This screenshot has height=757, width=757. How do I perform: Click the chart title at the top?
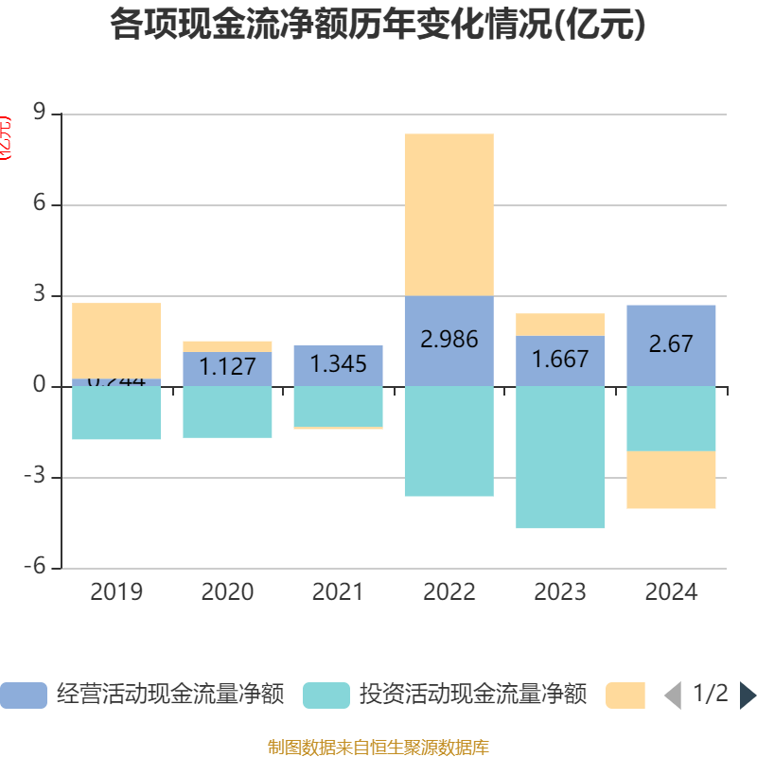pyautogui.click(x=378, y=26)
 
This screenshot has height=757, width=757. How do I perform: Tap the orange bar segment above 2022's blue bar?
pyautogui.click(x=449, y=215)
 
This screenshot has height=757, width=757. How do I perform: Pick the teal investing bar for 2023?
pyautogui.click(x=560, y=457)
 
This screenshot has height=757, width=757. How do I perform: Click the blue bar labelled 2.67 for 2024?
pyautogui.click(x=671, y=344)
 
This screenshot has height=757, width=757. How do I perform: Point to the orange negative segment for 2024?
pyautogui.click(x=671, y=480)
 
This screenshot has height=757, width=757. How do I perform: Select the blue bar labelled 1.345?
pyautogui.click(x=338, y=364)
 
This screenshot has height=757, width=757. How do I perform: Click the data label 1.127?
pyautogui.click(x=227, y=367)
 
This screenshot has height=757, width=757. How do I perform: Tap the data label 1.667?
pyautogui.click(x=560, y=360)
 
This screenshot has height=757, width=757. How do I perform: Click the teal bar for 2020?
pyautogui.click(x=227, y=412)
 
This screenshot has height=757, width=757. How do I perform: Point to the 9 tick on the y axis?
pyautogui.click(x=40, y=114)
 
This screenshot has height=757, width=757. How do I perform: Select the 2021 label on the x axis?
pyautogui.click(x=338, y=592)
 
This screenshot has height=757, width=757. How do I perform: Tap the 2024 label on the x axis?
pyautogui.click(x=671, y=592)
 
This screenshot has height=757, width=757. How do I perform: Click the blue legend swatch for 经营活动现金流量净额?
pyautogui.click(x=23, y=695)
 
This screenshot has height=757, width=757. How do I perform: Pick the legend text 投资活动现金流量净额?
pyautogui.click(x=472, y=695)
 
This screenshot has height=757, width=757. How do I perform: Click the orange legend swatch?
pyautogui.click(x=625, y=695)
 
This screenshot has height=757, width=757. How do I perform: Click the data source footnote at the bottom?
pyautogui.click(x=378, y=748)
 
